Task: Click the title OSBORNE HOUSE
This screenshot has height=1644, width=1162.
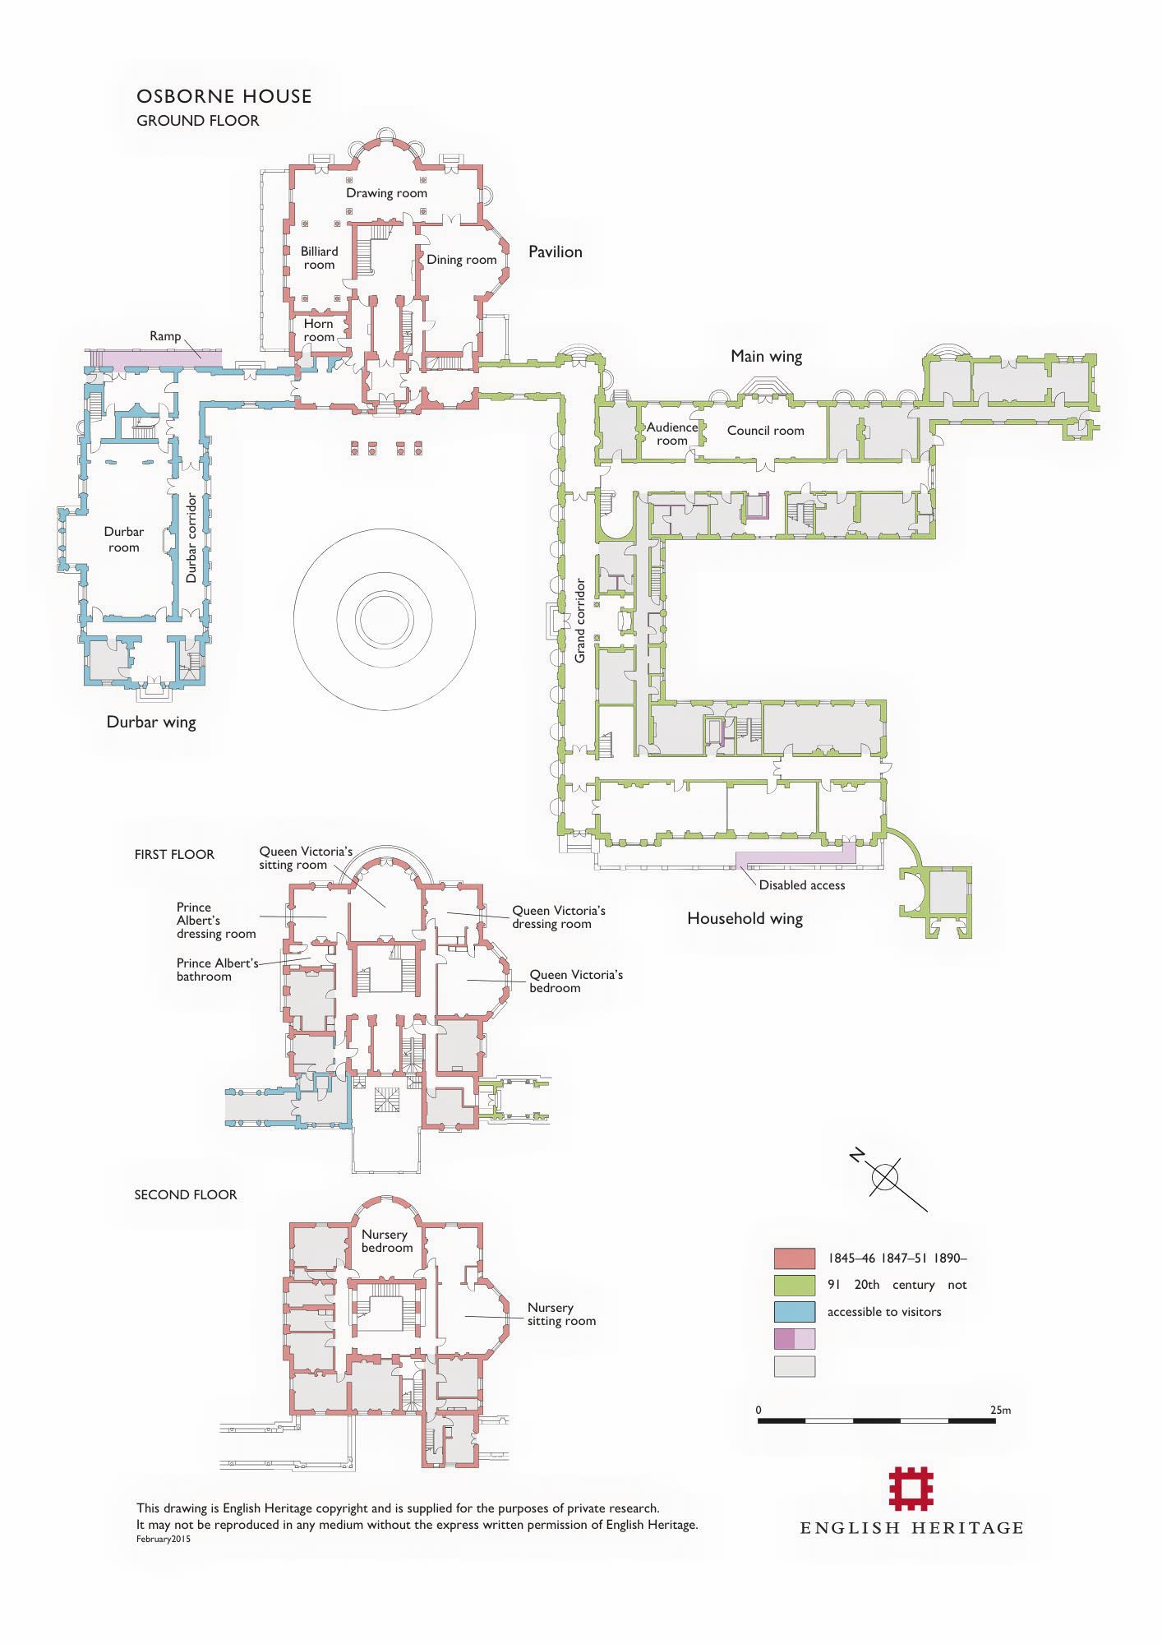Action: tap(224, 96)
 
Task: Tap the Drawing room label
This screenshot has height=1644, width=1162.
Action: tap(386, 193)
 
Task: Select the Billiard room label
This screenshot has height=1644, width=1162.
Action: tap(319, 258)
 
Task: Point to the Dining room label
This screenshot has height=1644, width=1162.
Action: tap(461, 260)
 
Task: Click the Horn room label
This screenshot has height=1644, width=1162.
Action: tap(319, 330)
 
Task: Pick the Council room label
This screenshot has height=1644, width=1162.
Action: tap(765, 431)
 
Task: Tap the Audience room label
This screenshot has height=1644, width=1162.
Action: tap(672, 434)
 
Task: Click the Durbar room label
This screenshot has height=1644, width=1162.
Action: tap(123, 540)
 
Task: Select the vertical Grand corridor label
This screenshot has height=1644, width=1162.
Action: tap(580, 621)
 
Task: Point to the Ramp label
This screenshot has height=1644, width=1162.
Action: tap(165, 336)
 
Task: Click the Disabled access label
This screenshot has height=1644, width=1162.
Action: tap(802, 885)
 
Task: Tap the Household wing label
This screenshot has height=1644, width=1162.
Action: tap(745, 919)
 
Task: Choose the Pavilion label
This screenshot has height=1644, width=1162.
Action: tap(556, 252)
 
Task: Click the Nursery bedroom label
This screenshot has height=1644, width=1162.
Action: tap(386, 1241)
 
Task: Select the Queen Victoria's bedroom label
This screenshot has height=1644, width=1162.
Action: tap(576, 981)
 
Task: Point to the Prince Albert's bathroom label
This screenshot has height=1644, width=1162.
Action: tap(218, 970)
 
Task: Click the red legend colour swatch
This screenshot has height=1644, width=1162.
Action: tap(795, 1258)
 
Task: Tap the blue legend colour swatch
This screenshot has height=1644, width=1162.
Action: tap(795, 1312)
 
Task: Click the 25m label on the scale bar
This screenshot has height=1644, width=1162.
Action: tap(1000, 1411)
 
